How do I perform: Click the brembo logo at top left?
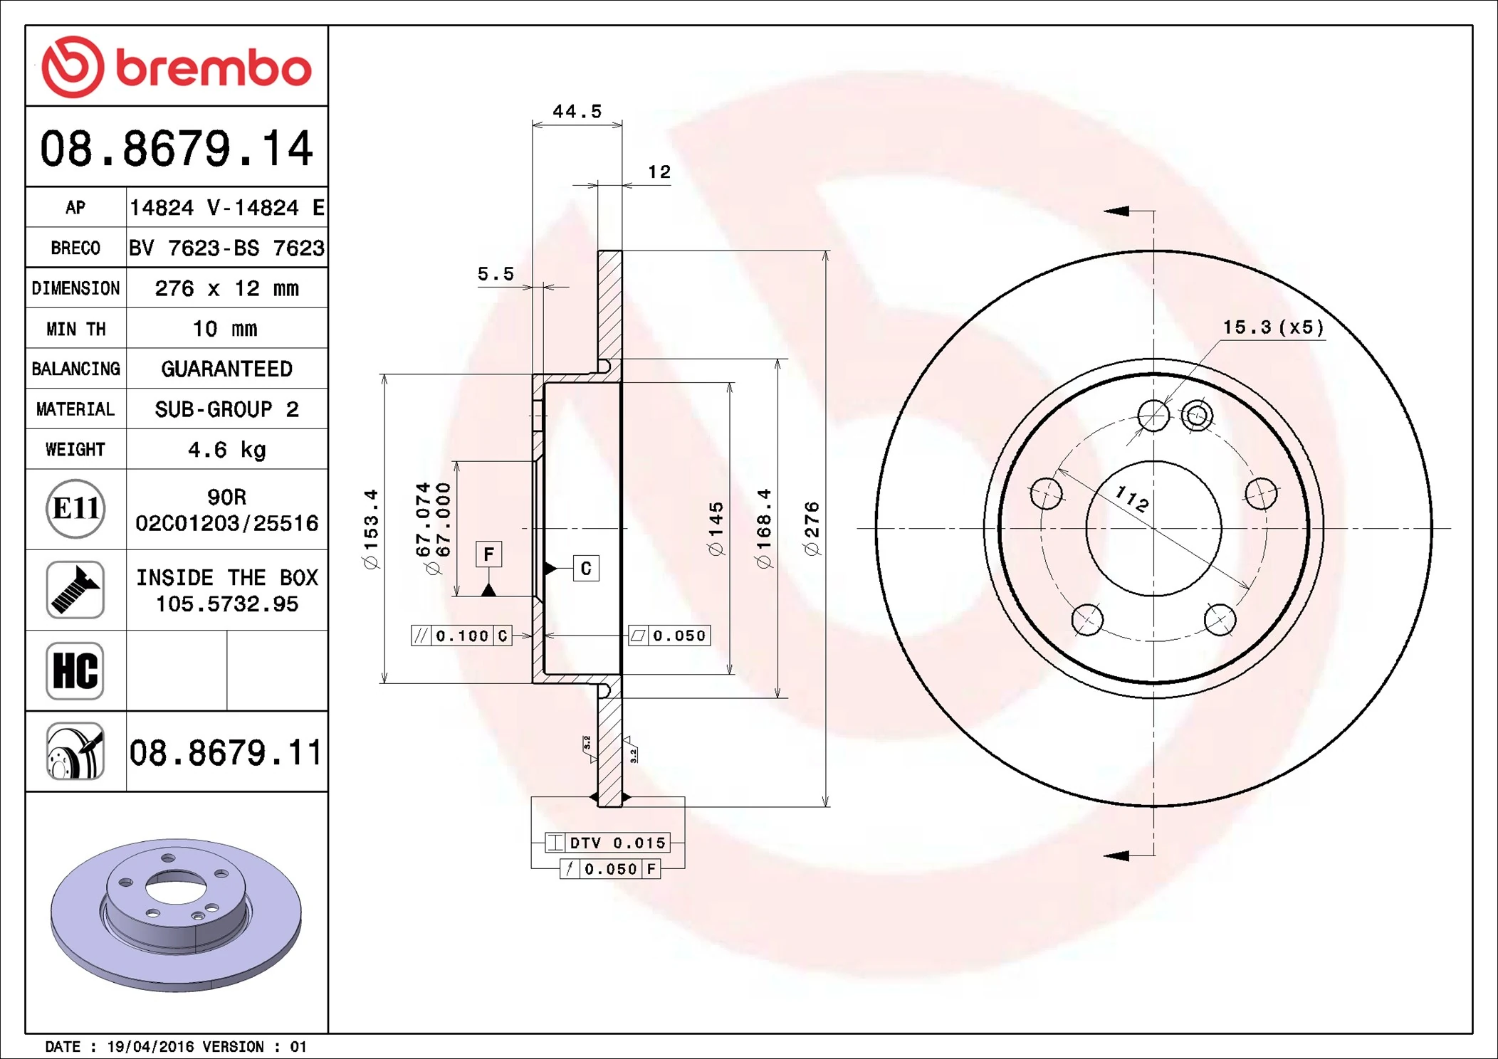pos(176,67)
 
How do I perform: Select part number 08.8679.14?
pos(176,149)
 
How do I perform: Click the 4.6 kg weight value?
pos(226,450)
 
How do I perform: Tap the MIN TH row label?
pos(75,329)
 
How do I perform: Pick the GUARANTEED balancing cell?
pos(226,369)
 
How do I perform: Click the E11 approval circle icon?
pos(75,509)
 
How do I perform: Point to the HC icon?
pos(75,670)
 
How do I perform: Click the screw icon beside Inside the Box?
pos(75,589)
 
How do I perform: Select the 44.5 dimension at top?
pos(577,112)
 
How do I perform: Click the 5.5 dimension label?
pos(496,274)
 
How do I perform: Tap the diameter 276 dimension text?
pos(812,528)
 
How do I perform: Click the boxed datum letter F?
pos(488,554)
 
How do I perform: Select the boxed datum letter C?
pos(586,568)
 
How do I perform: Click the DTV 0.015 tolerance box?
pos(607,843)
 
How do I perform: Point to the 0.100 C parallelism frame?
pos(461,636)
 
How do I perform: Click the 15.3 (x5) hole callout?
pos(1273,327)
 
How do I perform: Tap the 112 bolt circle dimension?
pos(1131,498)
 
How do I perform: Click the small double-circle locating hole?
pos(1197,415)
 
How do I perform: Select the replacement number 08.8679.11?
pos(226,752)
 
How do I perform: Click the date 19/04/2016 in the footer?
pos(150,1047)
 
